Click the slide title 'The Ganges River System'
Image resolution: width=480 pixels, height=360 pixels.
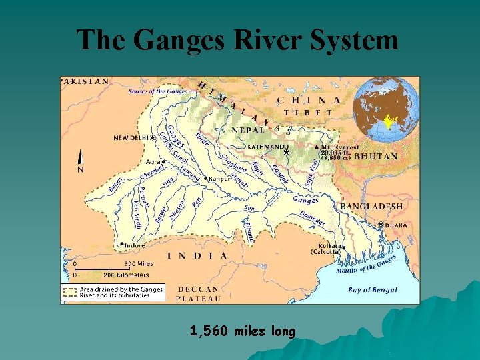pyautogui.click(x=237, y=40)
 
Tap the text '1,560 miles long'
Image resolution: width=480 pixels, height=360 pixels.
pyautogui.click(x=242, y=331)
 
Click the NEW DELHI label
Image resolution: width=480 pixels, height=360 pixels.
pyautogui.click(x=131, y=138)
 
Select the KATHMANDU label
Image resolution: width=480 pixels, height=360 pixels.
pyautogui.click(x=267, y=147)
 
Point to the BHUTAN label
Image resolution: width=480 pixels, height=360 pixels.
pyautogui.click(x=376, y=156)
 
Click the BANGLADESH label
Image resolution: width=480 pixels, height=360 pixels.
pyautogui.click(x=371, y=207)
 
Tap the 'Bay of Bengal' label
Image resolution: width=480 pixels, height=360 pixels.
pyautogui.click(x=373, y=289)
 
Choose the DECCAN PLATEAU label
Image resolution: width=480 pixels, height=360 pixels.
pyautogui.click(x=197, y=294)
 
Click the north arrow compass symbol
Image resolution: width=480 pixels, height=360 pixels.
pyautogui.click(x=81, y=162)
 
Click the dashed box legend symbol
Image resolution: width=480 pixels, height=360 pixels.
pyautogui.click(x=70, y=292)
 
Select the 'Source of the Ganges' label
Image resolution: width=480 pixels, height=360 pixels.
pyautogui.click(x=157, y=91)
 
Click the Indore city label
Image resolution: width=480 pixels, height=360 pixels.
pyautogui.click(x=135, y=245)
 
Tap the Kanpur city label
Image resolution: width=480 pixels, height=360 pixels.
pyautogui.click(x=219, y=179)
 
